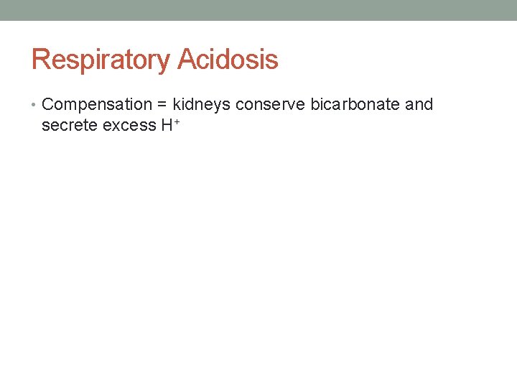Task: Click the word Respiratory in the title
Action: pyautogui.click(x=101, y=60)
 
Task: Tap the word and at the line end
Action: pyautogui.click(x=419, y=104)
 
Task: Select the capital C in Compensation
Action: pyautogui.click(x=49, y=104)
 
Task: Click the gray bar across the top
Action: pyautogui.click(x=258, y=10)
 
